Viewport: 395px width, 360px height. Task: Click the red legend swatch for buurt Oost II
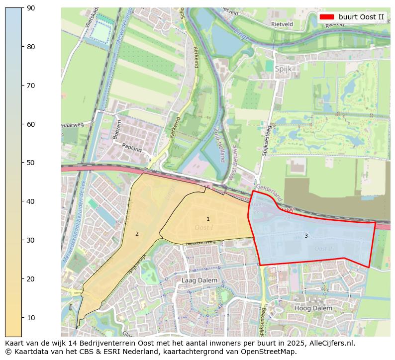[x=326, y=17]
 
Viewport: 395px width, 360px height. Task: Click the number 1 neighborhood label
[x=208, y=219]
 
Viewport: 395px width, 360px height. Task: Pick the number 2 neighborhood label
[x=137, y=234]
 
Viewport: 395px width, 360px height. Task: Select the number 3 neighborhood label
[x=306, y=236]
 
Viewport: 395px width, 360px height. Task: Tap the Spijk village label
[x=283, y=70]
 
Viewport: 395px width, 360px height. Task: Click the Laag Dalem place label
[x=199, y=280]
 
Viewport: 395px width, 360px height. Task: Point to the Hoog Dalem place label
[x=313, y=308]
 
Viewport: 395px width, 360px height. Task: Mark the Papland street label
[x=132, y=148]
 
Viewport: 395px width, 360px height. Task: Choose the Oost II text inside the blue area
[x=323, y=248]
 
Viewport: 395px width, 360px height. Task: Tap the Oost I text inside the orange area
[x=204, y=227]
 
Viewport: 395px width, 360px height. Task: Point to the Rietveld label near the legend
[x=282, y=24]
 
